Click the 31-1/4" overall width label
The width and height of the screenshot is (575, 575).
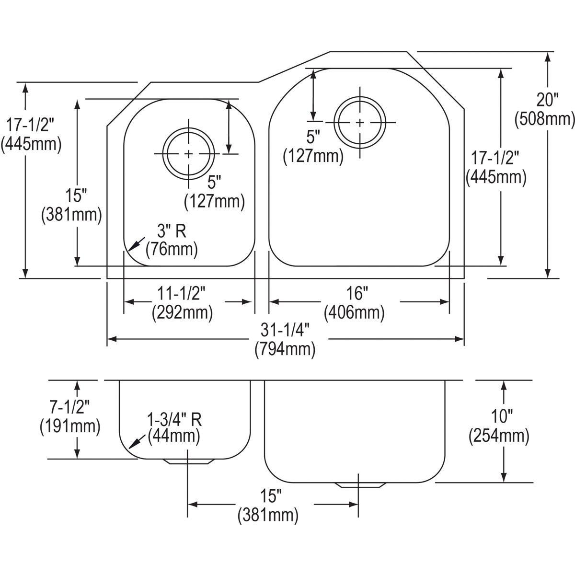click(x=285, y=339)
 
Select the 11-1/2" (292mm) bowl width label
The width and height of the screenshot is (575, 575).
click(x=182, y=302)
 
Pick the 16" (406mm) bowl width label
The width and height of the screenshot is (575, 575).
click(x=354, y=302)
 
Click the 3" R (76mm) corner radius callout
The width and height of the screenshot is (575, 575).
click(x=171, y=240)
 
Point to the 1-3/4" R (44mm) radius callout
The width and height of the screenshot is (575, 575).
click(x=174, y=427)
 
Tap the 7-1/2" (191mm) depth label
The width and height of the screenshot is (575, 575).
click(x=70, y=418)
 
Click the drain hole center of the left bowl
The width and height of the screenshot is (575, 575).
click(x=189, y=154)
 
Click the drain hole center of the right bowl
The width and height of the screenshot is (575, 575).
click(x=360, y=123)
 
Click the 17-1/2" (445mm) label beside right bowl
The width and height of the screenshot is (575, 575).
click(x=496, y=168)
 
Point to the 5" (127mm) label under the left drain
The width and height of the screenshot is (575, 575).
click(x=214, y=192)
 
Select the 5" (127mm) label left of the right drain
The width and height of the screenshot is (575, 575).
click(x=313, y=147)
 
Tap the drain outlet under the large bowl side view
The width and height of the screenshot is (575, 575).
click(x=361, y=485)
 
